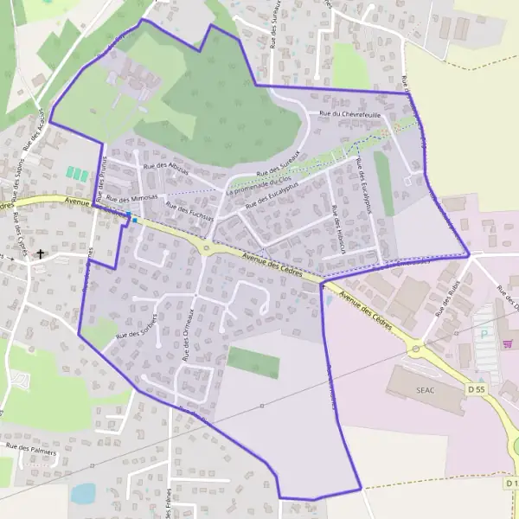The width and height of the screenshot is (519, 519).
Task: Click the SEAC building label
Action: tap(425, 390)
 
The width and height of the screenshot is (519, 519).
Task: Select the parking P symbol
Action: tap(484, 332)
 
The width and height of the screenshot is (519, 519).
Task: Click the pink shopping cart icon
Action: tap(507, 343)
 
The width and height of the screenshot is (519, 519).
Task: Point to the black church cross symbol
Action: tap(40, 255)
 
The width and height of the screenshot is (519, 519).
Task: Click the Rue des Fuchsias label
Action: tap(189, 210)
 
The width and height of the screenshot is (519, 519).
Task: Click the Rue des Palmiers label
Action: tap(31, 450)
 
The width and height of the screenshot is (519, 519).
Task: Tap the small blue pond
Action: tap(83, 493)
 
